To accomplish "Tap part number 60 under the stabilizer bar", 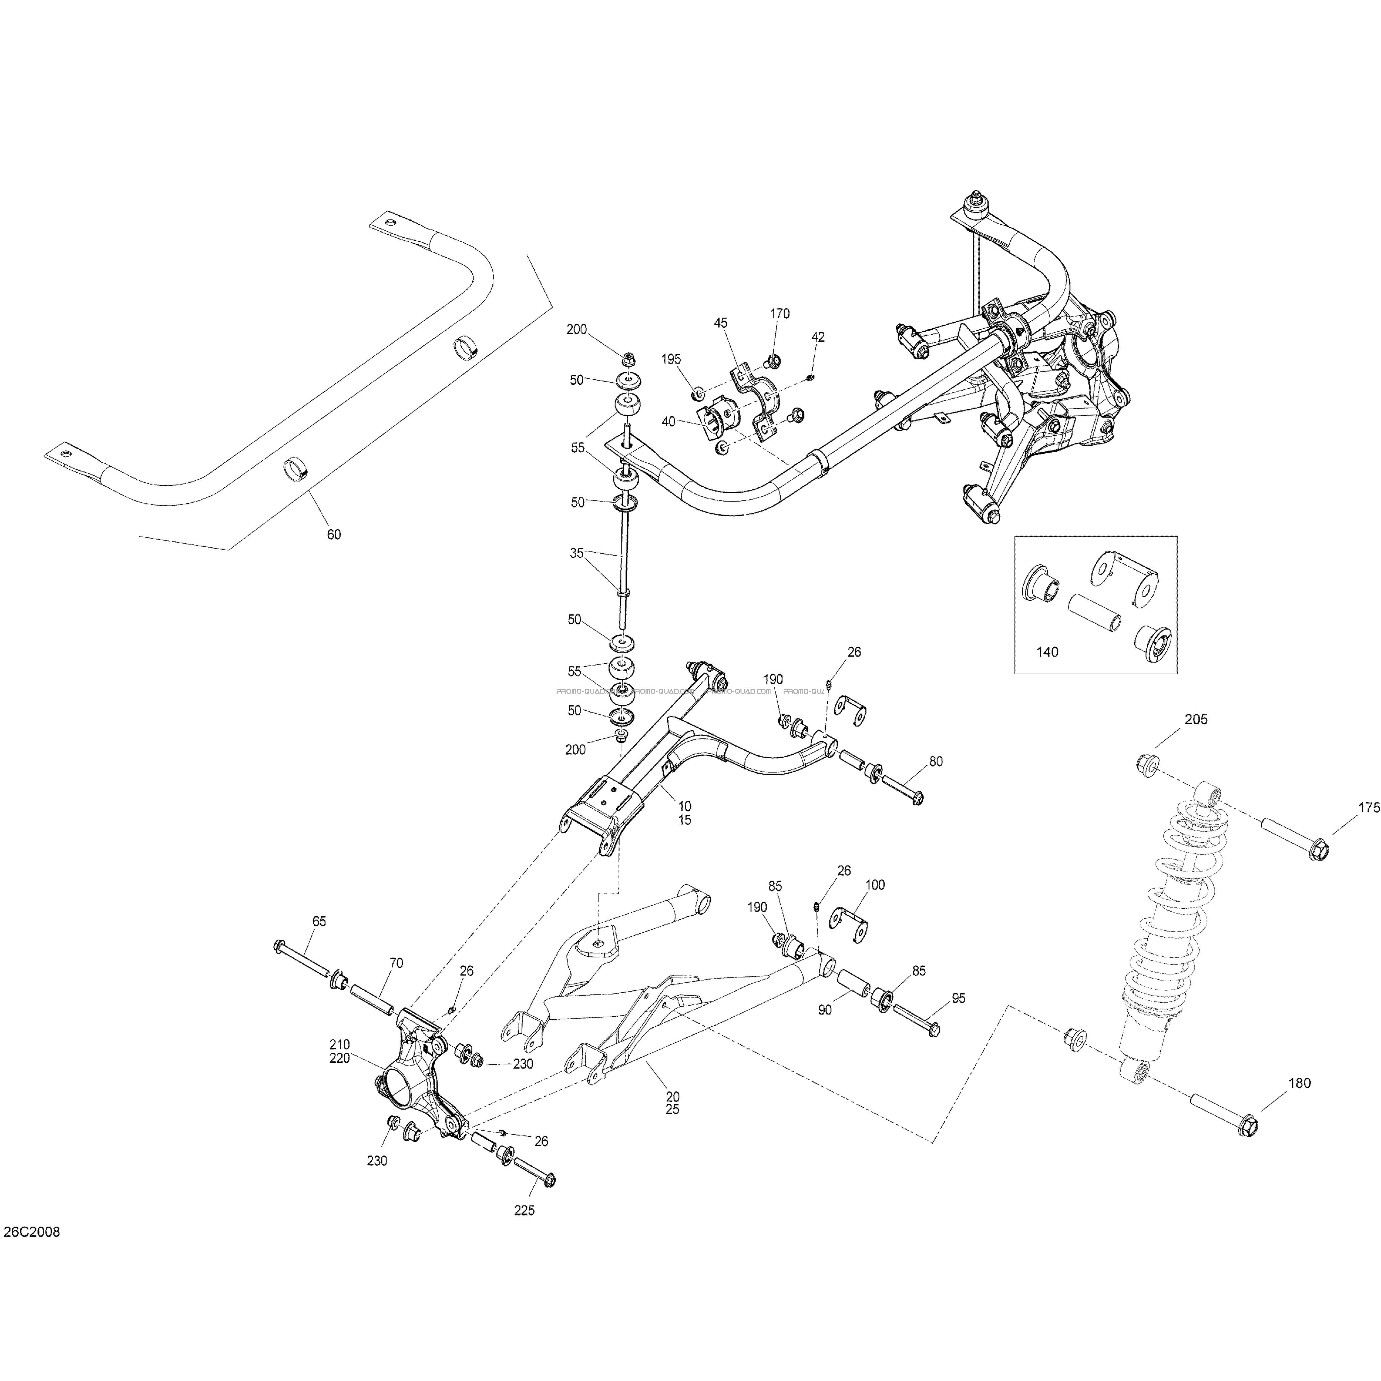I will click(334, 534).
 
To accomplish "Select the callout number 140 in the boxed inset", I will click(1047, 652).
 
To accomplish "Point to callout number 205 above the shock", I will click(1196, 720).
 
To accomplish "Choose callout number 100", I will click(875, 885).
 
